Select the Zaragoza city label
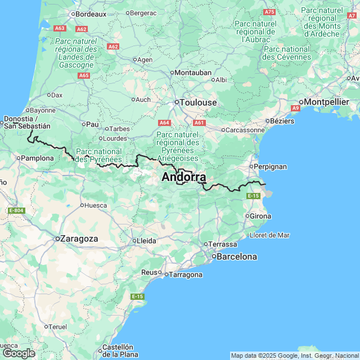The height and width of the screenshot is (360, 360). click(x=79, y=238)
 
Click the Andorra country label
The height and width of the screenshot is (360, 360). click(x=183, y=177)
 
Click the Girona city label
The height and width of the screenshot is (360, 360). click(x=260, y=216)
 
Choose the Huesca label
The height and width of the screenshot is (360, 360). click(x=96, y=205)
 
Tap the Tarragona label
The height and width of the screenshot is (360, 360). click(x=185, y=274)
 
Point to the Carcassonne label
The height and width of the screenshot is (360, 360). click(x=245, y=130)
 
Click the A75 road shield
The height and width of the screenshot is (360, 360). click(x=269, y=12)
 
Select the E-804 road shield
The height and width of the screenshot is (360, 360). click(x=16, y=210)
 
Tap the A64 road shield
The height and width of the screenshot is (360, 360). click(x=164, y=122)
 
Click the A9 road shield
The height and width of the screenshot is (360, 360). click(x=296, y=107)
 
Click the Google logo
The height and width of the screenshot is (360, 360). click(x=19, y=353)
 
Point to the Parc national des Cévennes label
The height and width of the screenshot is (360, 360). click(x=286, y=53)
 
